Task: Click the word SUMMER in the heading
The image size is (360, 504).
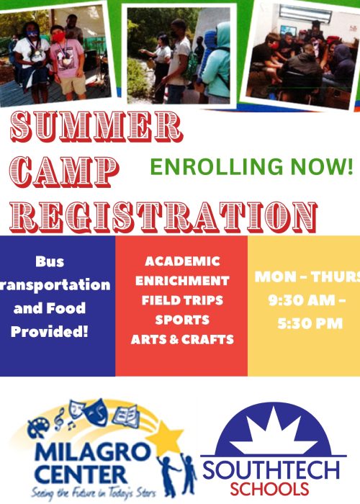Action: pyautogui.click(x=96, y=127)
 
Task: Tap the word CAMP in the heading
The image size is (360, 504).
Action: pyautogui.click(x=64, y=173)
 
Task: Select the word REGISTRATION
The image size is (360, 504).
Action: pyautogui.click(x=163, y=217)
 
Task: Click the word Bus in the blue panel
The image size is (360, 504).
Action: pyautogui.click(x=50, y=261)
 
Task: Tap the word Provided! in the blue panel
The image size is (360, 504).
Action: pyautogui.click(x=50, y=331)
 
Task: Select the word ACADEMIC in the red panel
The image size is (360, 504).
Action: pyautogui.click(x=182, y=261)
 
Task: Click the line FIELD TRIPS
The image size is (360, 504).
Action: pyautogui.click(x=182, y=300)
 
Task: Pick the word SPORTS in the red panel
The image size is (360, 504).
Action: pyautogui.click(x=182, y=320)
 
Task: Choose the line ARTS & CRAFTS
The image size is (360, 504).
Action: pyautogui.click(x=182, y=339)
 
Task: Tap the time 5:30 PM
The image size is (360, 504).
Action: pyautogui.click(x=310, y=323)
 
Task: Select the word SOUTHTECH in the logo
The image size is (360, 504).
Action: pyautogui.click(x=271, y=471)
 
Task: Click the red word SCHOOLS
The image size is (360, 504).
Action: pyautogui.click(x=269, y=489)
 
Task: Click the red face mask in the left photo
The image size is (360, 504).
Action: pyautogui.click(x=58, y=37)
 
